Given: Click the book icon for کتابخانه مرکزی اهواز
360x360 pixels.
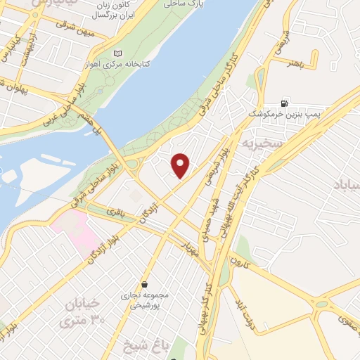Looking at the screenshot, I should (x=117, y=53).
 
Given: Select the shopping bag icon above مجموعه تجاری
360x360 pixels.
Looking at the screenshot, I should (x=144, y=285).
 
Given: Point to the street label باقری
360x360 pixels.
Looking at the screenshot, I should (x=115, y=211).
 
